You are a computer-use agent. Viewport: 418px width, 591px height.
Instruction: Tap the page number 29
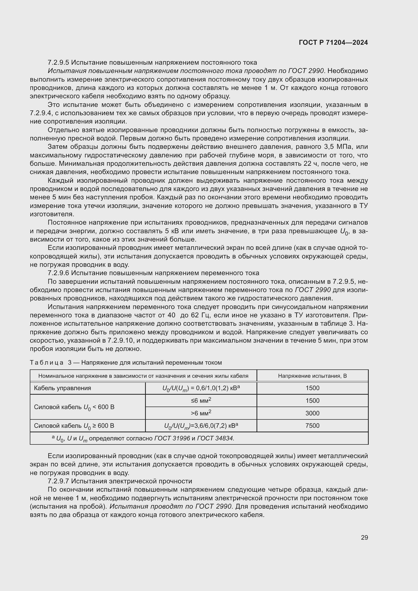(x=364, y=537)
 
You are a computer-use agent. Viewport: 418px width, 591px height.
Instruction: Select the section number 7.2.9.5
(x=58, y=63)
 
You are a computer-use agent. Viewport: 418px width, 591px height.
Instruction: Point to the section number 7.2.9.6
(x=58, y=273)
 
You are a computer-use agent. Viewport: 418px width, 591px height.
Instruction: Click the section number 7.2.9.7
(x=58, y=481)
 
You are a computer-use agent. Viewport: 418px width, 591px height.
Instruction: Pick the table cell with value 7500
(x=312, y=425)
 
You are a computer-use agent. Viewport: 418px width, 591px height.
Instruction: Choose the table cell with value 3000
(x=312, y=413)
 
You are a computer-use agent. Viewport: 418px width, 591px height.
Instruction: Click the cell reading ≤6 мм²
(x=201, y=400)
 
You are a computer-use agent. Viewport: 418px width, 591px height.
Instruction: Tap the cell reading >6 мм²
(x=201, y=413)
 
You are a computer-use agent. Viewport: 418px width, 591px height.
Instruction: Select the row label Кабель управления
(x=62, y=388)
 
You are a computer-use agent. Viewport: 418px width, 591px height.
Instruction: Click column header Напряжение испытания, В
(x=312, y=376)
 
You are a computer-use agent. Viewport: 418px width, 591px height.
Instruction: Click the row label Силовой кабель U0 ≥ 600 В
(x=74, y=426)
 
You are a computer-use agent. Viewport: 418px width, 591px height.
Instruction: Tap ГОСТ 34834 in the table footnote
(x=215, y=438)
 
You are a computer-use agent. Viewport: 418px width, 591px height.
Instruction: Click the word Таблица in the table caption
(x=47, y=363)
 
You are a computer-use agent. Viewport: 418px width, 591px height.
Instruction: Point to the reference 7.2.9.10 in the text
(x=120, y=341)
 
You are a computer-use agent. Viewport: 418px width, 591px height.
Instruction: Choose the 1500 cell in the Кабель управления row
(x=312, y=388)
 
